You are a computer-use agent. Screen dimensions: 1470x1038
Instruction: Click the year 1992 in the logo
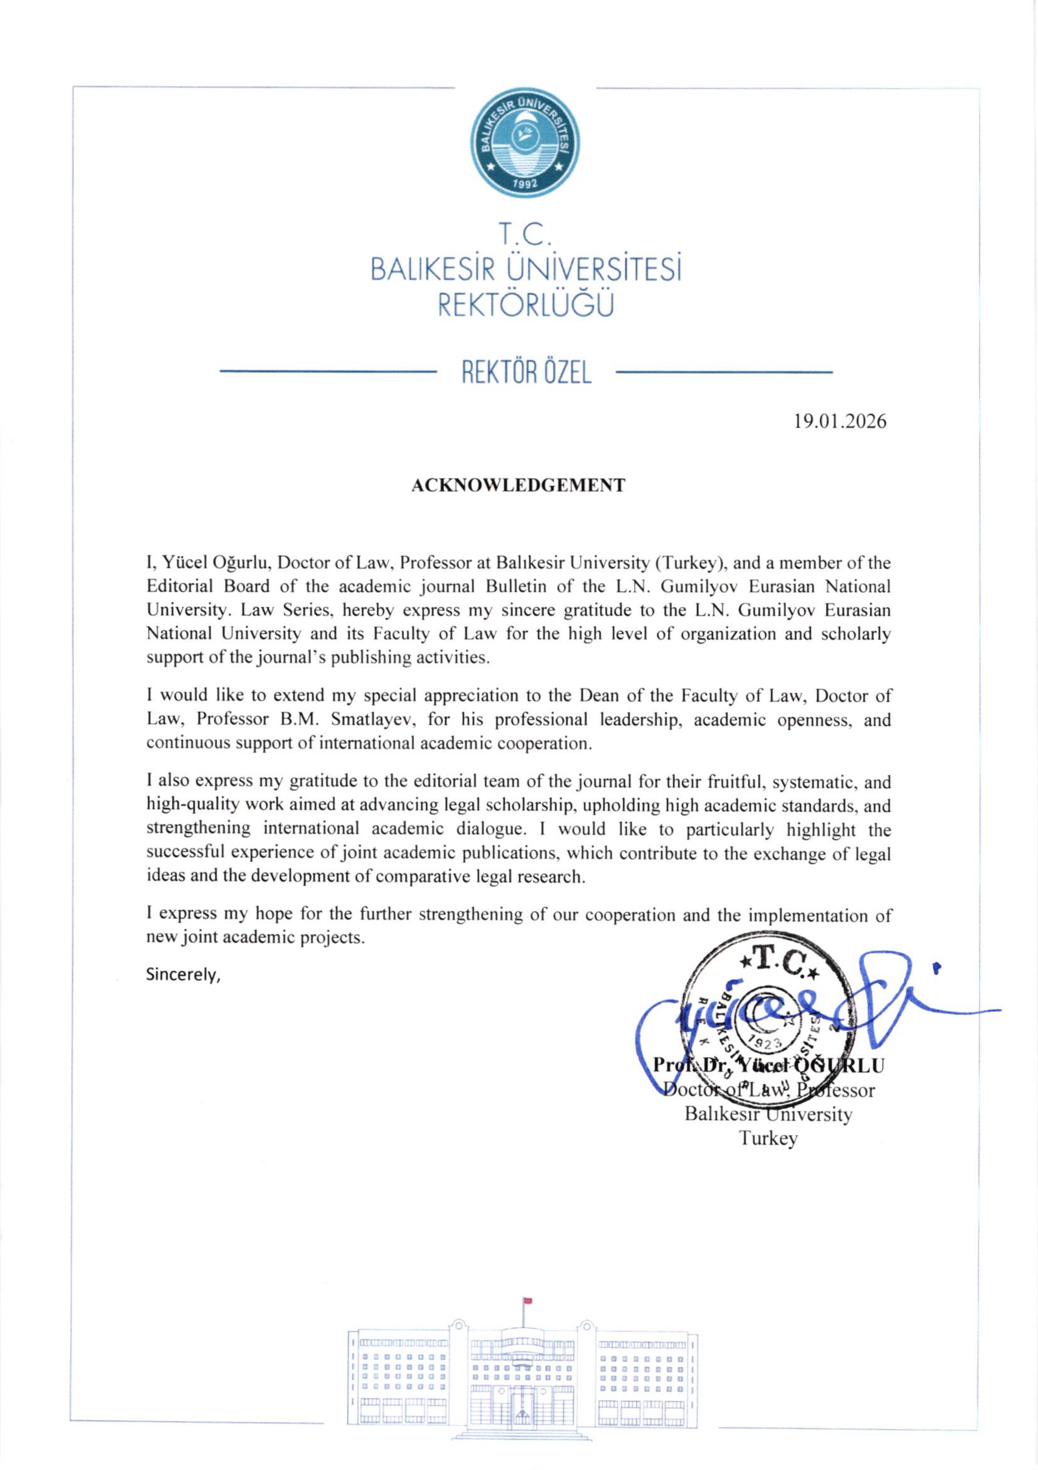pyautogui.click(x=525, y=185)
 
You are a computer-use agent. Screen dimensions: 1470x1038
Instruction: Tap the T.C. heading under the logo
pyautogui.click(x=525, y=236)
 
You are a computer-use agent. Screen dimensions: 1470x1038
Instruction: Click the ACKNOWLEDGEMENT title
pyautogui.click(x=518, y=485)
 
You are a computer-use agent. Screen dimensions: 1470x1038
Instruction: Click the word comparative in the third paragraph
pyautogui.click(x=416, y=876)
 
